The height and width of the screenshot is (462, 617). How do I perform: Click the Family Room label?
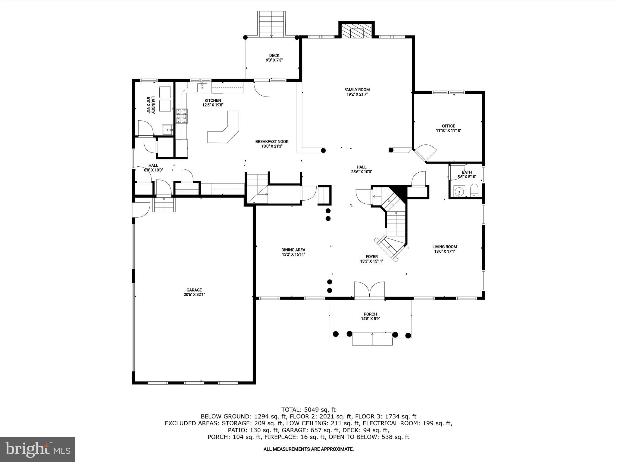click(357, 90)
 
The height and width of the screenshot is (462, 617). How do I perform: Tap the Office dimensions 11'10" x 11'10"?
click(449, 131)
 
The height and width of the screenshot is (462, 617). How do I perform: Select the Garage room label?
click(194, 290)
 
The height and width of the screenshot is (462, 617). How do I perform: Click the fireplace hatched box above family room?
click(357, 31)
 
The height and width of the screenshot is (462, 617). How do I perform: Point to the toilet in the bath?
click(474, 190)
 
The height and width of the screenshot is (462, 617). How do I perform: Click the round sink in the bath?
click(459, 191)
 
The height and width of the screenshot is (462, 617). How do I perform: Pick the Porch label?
click(370, 314)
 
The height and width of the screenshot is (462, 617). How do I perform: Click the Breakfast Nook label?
click(272, 142)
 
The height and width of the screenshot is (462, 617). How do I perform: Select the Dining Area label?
click(293, 250)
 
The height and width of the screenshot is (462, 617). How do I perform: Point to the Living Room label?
click(445, 247)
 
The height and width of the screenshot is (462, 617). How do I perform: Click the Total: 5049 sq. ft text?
click(308, 410)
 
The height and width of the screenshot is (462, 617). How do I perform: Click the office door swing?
click(425, 152)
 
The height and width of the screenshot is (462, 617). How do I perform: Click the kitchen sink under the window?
click(202, 88)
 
